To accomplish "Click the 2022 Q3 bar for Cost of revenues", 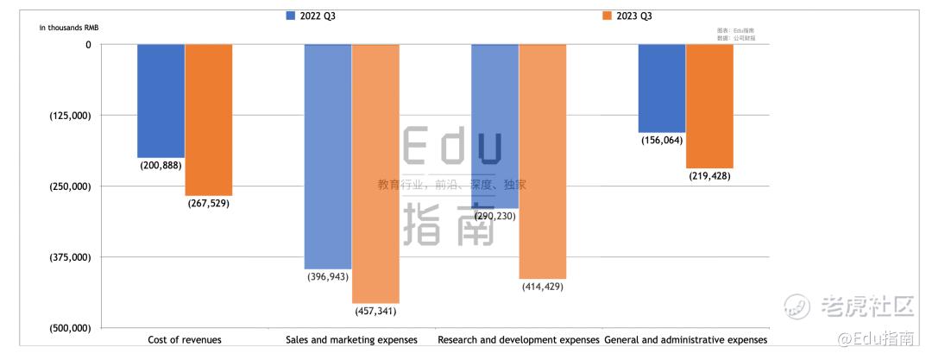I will [x=161, y=100].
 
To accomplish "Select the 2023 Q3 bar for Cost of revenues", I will [x=209, y=119].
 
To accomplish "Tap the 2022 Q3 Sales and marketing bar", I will [x=328, y=156].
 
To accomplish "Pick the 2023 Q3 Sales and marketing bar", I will [x=375, y=173].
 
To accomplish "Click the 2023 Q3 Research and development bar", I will [x=542, y=161].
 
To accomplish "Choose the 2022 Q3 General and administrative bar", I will [x=662, y=88].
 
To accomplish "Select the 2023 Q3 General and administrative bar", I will [x=709, y=105].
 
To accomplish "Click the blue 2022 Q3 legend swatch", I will [x=290, y=16].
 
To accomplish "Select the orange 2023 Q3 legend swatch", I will [x=607, y=16].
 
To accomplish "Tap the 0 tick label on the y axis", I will [x=88, y=44].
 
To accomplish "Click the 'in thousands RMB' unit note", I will [x=69, y=27].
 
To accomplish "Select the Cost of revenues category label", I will [x=185, y=340].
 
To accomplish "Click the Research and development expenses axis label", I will [x=518, y=340].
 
